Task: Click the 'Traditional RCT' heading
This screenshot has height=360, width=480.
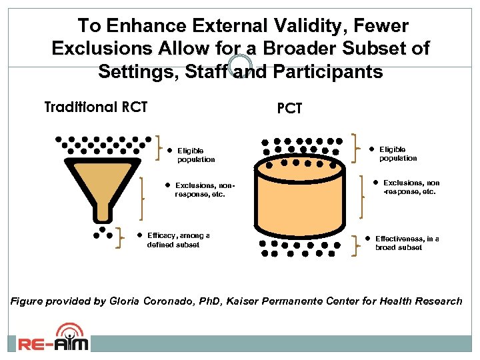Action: [x=95, y=107]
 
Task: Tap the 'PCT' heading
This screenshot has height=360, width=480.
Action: [x=290, y=109]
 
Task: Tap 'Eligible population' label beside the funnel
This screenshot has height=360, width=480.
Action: [x=195, y=155]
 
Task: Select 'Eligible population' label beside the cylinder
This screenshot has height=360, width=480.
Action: [x=398, y=154]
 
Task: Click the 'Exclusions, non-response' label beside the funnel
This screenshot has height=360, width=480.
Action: [x=203, y=190]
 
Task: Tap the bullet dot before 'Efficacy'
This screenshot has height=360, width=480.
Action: [x=141, y=235]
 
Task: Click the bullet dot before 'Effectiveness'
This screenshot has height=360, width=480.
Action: [x=367, y=238]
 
